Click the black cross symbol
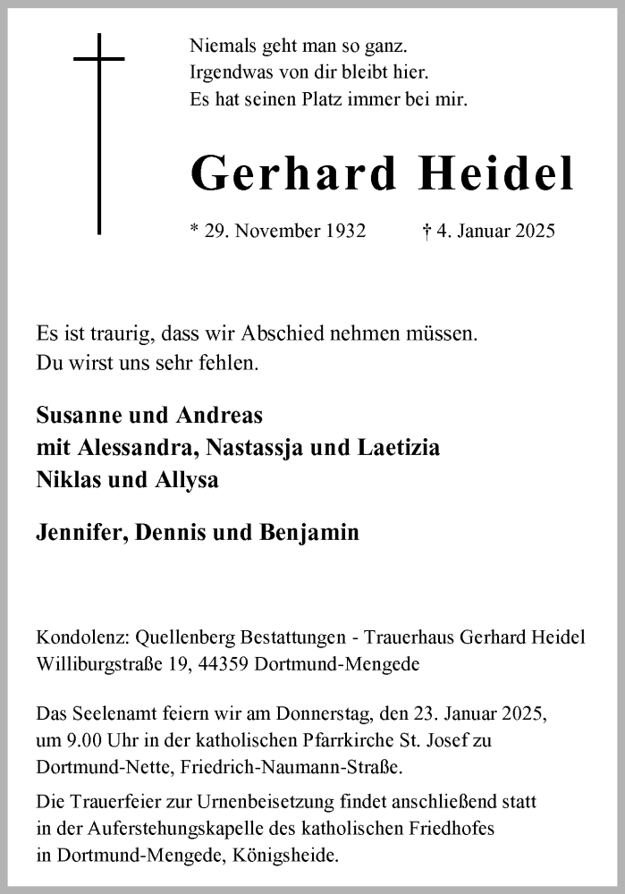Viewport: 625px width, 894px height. click(98, 134)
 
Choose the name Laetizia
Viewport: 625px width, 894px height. click(397, 448)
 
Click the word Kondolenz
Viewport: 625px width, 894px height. click(79, 637)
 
